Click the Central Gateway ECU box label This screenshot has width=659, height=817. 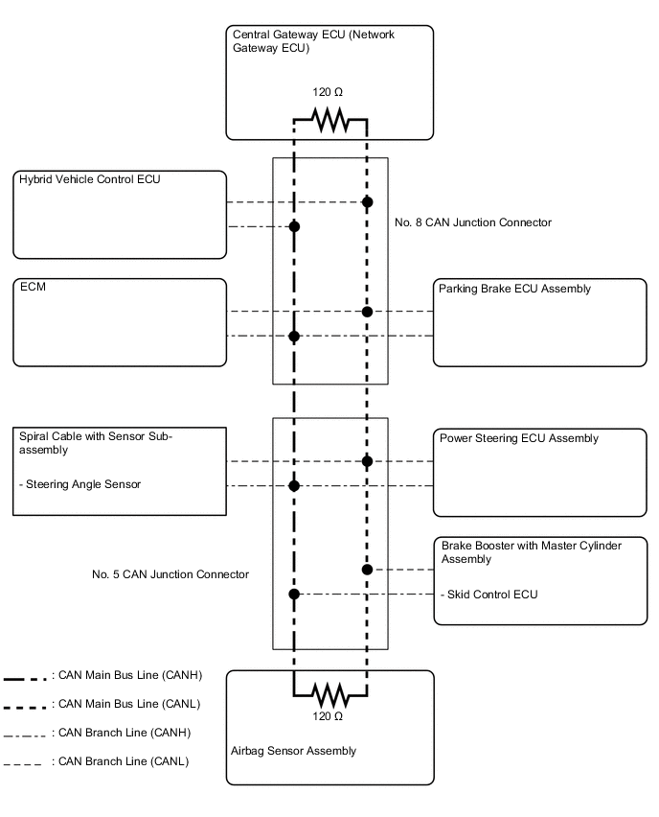[313, 41]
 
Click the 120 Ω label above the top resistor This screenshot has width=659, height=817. [328, 93]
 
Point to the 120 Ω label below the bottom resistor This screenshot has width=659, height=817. [328, 716]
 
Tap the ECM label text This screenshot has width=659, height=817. [32, 287]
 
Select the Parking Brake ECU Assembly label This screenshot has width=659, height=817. [514, 289]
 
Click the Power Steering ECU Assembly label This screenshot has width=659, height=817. [518, 438]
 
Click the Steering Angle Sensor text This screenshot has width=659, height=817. [80, 484]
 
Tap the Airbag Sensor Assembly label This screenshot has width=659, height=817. [293, 751]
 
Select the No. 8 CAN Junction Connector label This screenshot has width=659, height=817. [473, 222]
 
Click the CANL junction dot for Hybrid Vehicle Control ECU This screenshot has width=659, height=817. [367, 202]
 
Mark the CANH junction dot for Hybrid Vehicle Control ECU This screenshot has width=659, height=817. [294, 226]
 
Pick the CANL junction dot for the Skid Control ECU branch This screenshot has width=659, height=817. [367, 570]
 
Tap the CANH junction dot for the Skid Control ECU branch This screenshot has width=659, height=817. [294, 595]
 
